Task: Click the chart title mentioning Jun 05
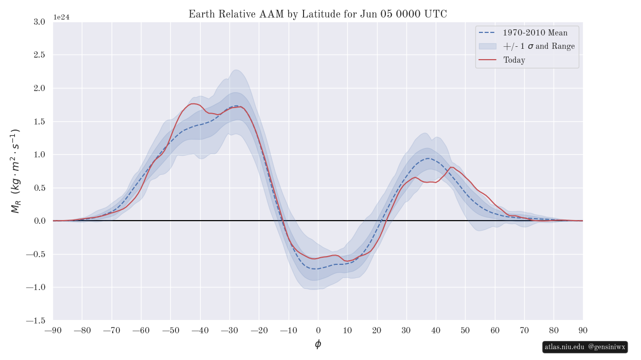317,14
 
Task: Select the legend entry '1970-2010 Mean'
535,33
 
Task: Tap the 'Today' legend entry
514,60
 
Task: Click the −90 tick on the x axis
53,330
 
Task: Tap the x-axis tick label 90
583,330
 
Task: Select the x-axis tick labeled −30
229,330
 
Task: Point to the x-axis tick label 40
436,330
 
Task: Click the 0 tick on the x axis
318,330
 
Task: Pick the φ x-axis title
318,344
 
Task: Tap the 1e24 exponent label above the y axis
61,17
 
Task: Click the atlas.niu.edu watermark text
564,347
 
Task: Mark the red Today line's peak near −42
194,104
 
